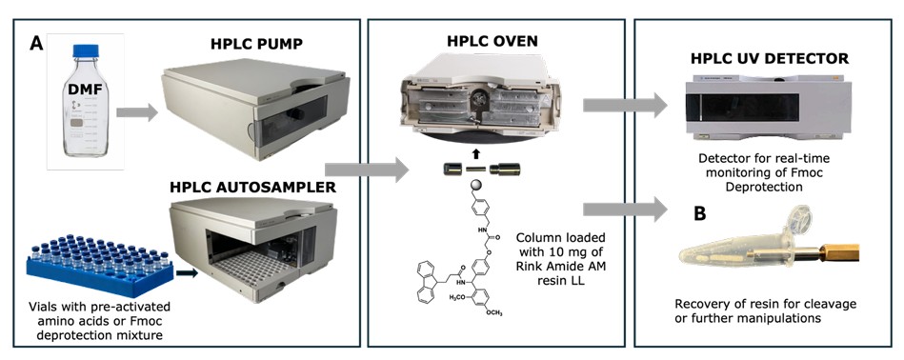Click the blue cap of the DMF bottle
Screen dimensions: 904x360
coord(86,50)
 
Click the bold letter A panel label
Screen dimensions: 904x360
coord(37,44)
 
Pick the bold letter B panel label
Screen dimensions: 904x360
coord(700,214)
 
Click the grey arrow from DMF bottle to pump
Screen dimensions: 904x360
coord(136,111)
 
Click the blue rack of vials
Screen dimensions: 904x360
coord(100,263)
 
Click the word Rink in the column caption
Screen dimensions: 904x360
coord(530,268)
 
